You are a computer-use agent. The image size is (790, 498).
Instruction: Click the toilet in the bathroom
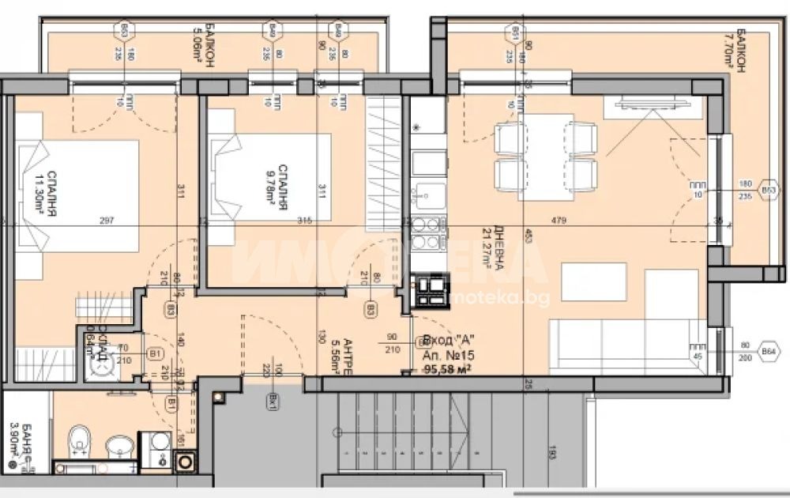(81, 441)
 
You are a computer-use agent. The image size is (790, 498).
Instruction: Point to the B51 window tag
(515, 32)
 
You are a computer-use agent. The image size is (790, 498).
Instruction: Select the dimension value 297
(107, 221)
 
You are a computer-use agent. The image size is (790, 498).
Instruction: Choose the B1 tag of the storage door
(156, 356)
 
